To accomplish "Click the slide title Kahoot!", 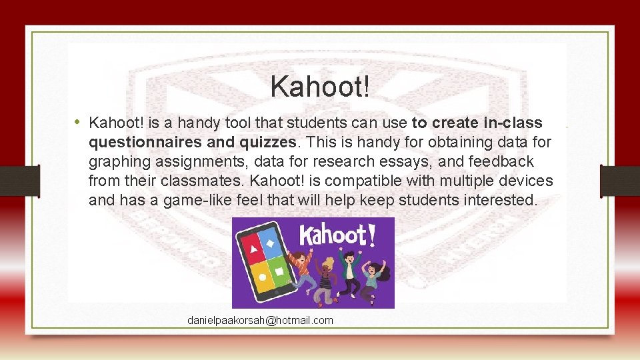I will (x=319, y=87).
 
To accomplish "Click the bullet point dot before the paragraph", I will (x=78, y=122).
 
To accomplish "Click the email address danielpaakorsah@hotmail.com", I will (x=260, y=321).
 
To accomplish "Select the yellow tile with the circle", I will (x=263, y=276).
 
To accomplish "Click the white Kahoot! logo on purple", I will (x=333, y=235).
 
